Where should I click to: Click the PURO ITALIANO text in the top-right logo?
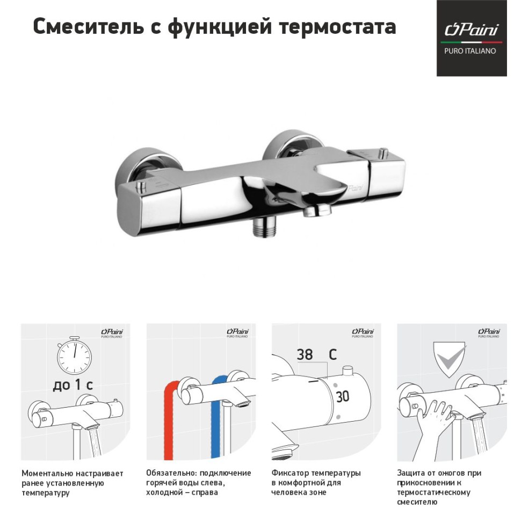pos(471,51)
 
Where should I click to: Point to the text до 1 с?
pos(73,385)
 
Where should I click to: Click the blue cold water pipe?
pos(216,419)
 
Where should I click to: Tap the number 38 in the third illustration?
pos(305,354)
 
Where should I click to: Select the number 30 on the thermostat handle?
pos(342,396)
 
